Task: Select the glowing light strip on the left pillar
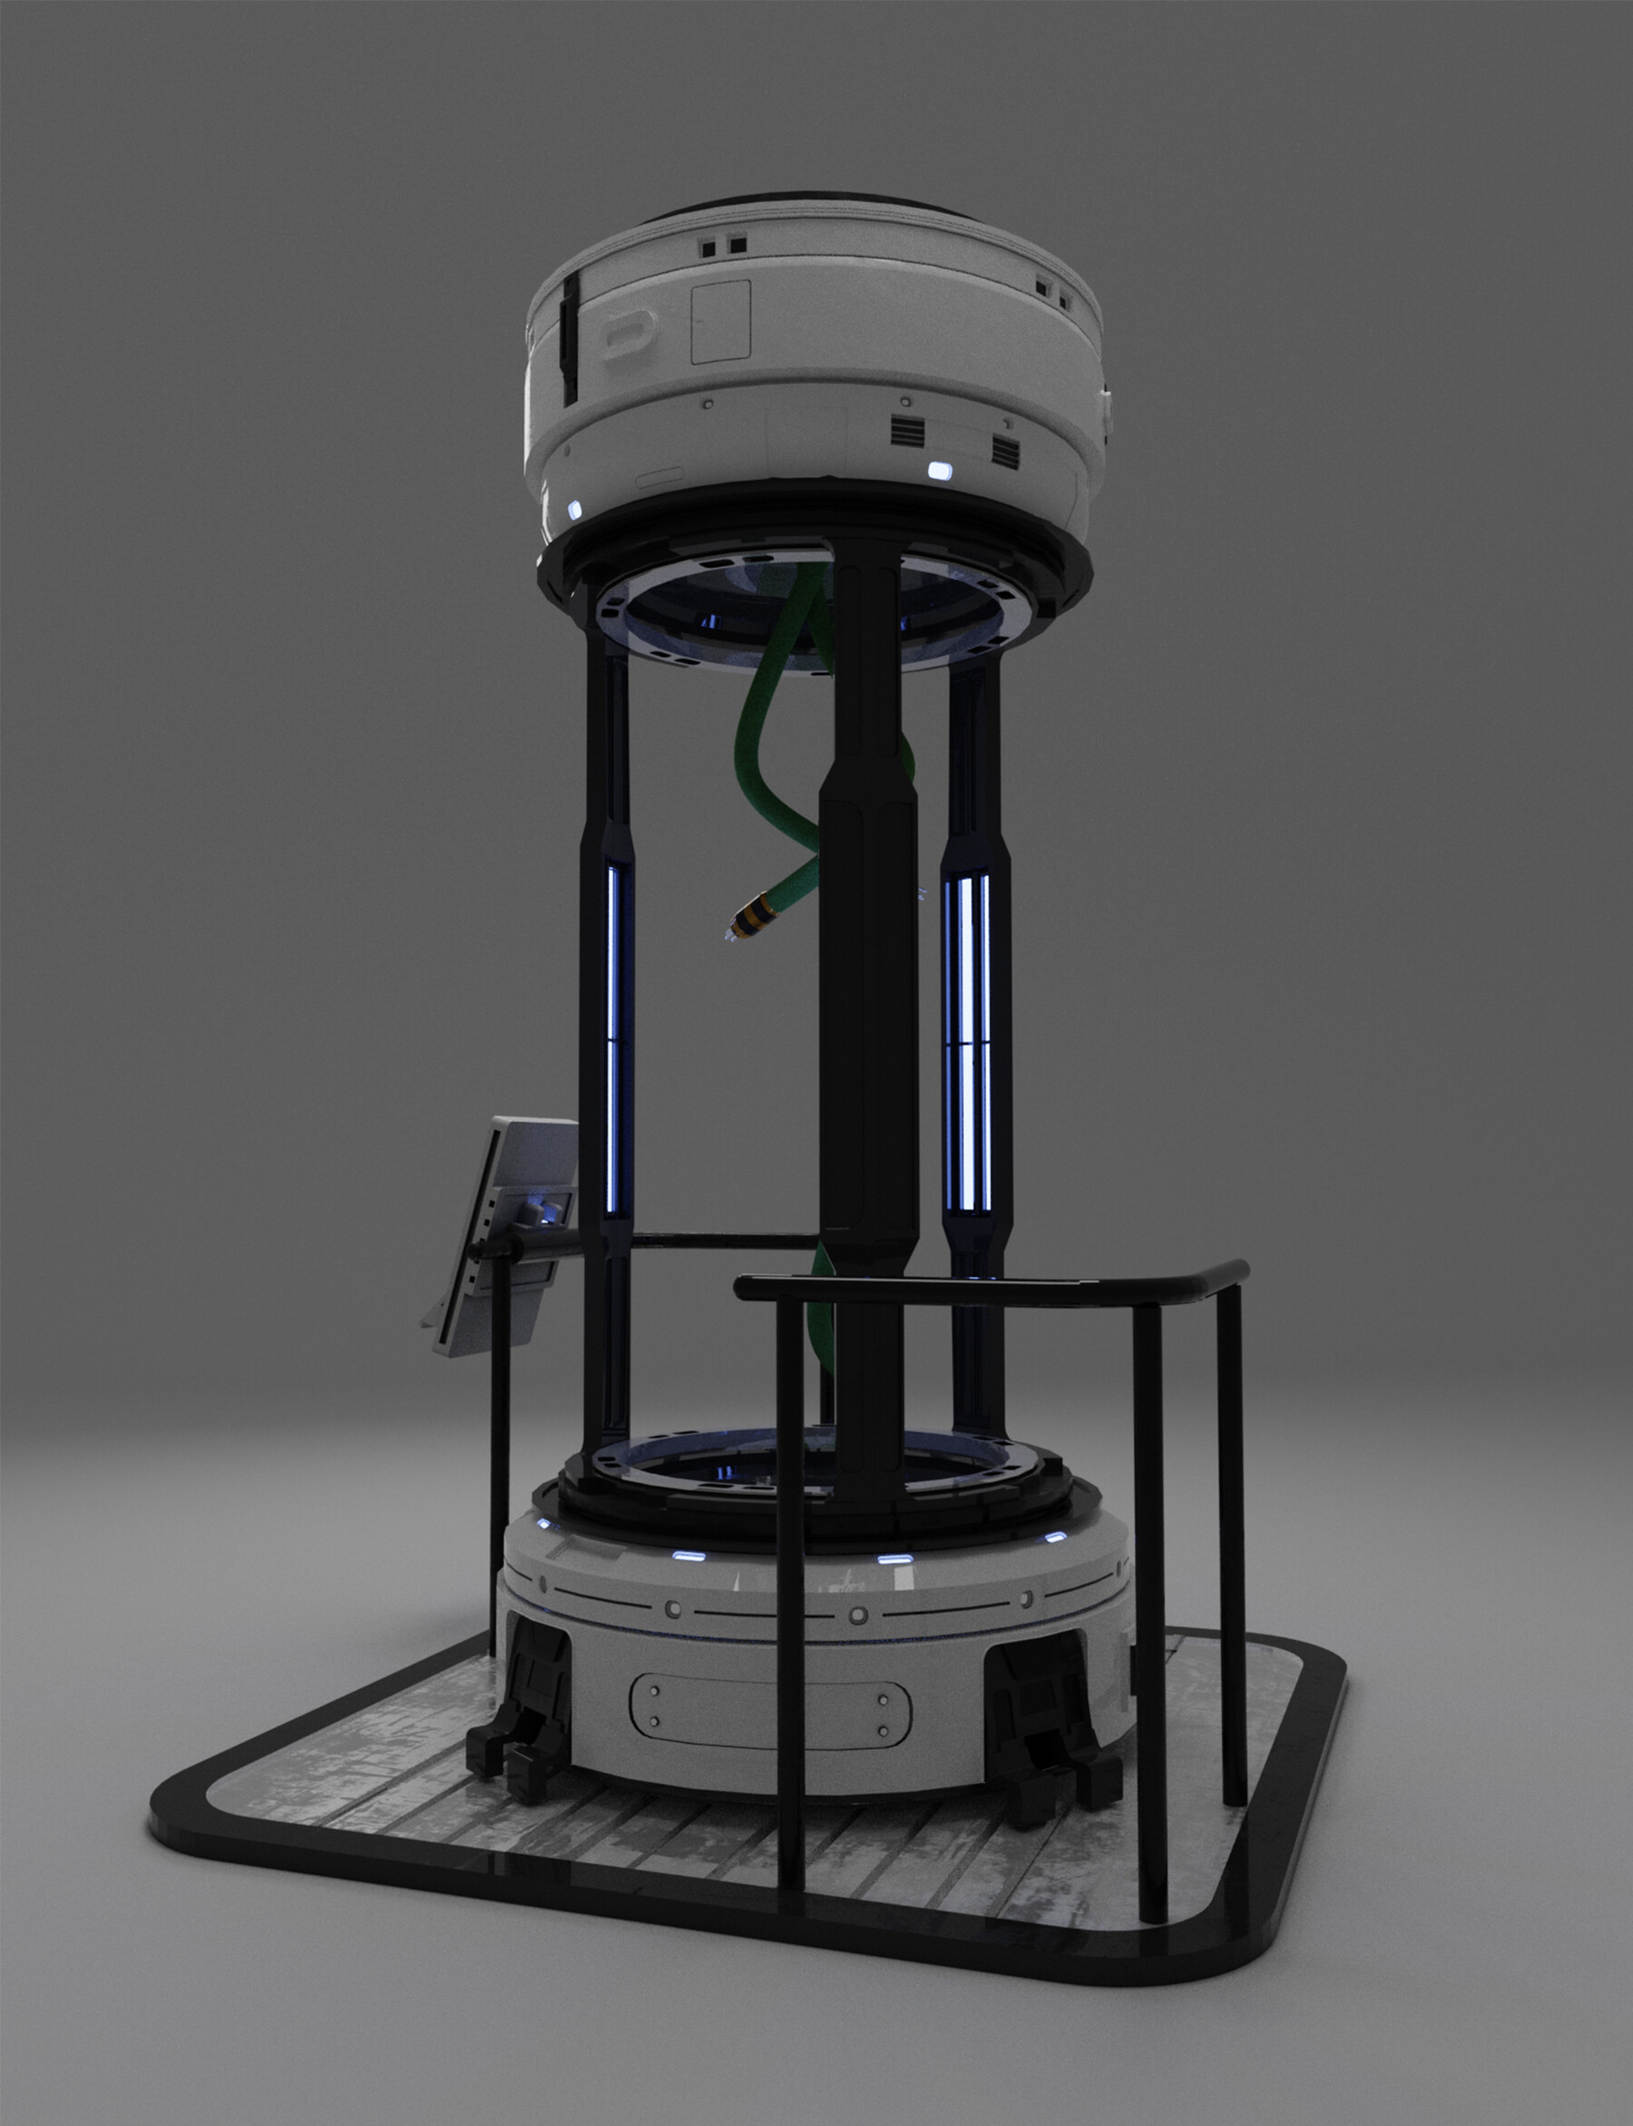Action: click(612, 1039)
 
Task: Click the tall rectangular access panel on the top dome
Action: click(720, 321)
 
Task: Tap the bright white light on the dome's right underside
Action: click(940, 471)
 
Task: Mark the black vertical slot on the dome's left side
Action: click(570, 336)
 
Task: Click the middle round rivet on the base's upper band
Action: click(858, 1614)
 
